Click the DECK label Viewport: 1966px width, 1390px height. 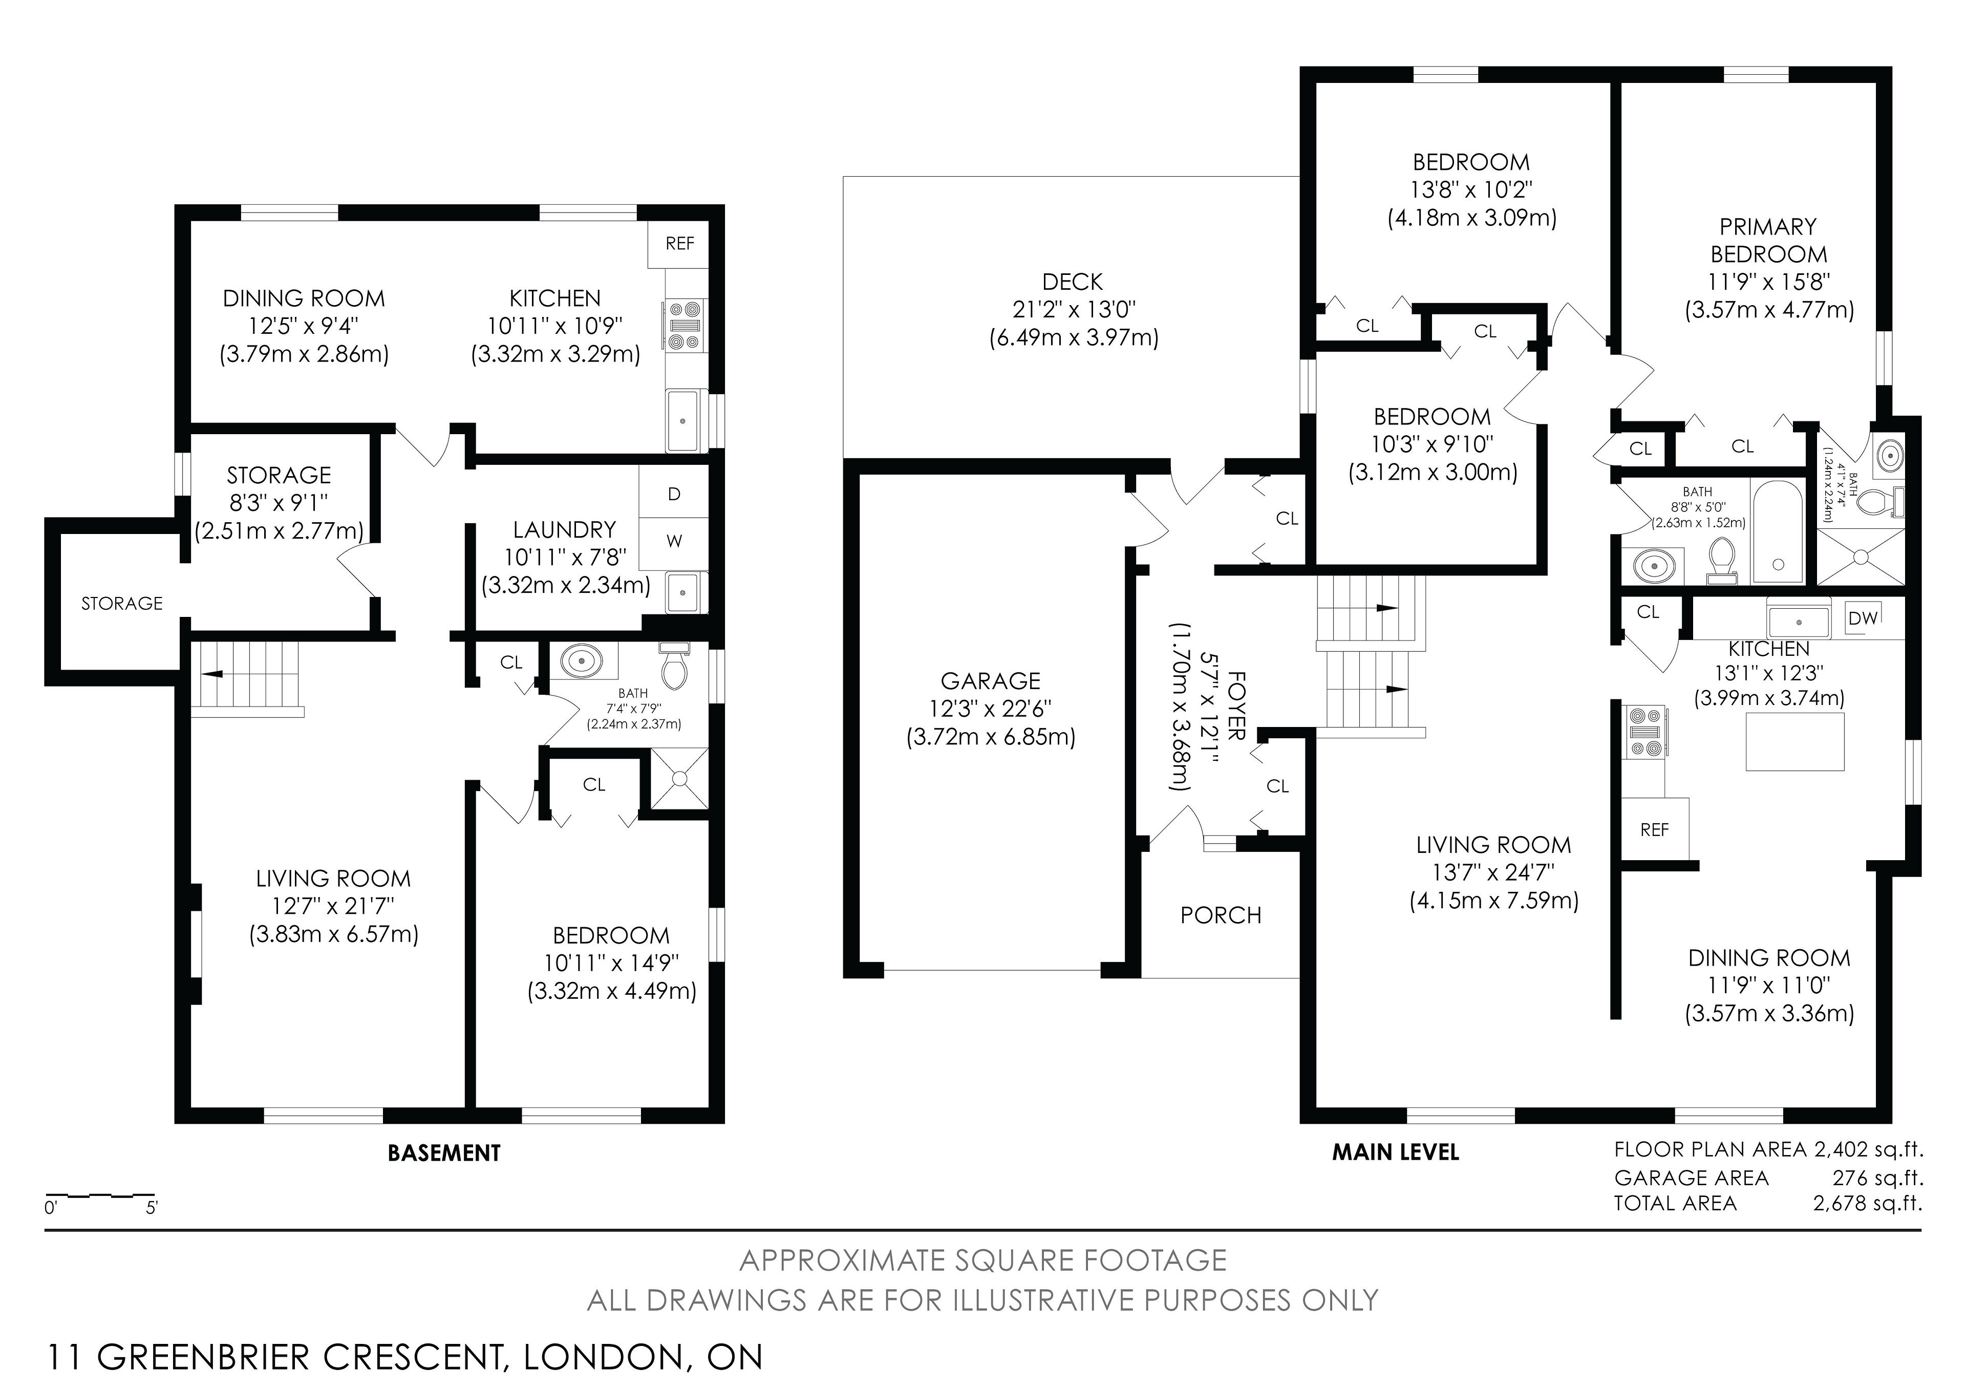(x=1073, y=282)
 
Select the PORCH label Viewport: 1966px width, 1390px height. (x=1221, y=915)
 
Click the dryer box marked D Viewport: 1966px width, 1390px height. (x=674, y=494)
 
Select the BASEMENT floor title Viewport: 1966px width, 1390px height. (x=444, y=1153)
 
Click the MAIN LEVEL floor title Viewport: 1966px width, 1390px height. (x=1396, y=1153)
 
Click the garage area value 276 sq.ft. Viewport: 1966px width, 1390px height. (x=1878, y=1178)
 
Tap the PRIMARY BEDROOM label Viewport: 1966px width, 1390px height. (x=1769, y=241)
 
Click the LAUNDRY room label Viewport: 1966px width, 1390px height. (x=564, y=529)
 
